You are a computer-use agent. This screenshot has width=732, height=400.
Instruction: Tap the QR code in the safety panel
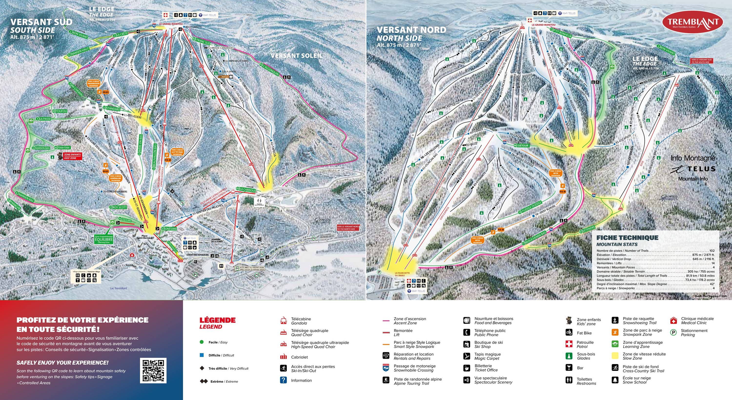tap(153, 370)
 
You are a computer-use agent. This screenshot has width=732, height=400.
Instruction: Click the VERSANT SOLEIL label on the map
tap(296, 56)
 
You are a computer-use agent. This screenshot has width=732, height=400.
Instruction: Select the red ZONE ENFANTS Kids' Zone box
tap(72, 156)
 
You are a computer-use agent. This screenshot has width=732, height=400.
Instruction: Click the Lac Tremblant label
tap(119, 288)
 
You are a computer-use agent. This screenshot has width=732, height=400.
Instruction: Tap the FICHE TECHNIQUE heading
tap(627, 238)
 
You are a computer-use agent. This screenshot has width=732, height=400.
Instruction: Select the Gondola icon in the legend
tap(283, 321)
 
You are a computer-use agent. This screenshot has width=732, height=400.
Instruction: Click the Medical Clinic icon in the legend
tap(673, 321)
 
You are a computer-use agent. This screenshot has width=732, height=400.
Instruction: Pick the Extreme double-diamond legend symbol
tap(204, 381)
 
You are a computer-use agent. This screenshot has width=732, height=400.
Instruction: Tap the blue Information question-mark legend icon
tap(283, 380)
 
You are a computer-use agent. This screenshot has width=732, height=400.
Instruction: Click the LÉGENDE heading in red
tap(217, 320)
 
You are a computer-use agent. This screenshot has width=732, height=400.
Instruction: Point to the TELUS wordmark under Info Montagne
tap(701, 169)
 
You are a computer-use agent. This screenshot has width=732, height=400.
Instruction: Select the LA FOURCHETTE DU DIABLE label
tap(402, 274)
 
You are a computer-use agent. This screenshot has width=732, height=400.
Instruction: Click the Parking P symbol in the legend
tap(673, 333)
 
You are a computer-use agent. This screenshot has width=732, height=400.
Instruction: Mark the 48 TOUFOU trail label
tap(60, 111)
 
